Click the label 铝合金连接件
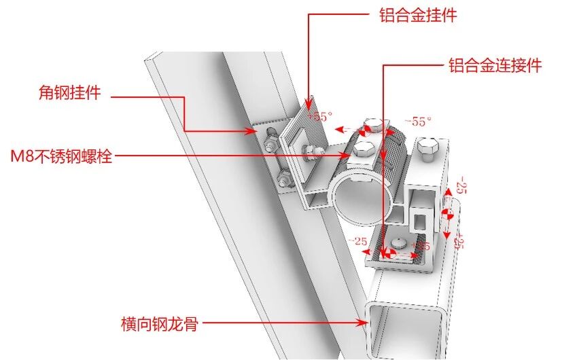495,66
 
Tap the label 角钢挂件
70,94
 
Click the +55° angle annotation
320,116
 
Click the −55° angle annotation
418,122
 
